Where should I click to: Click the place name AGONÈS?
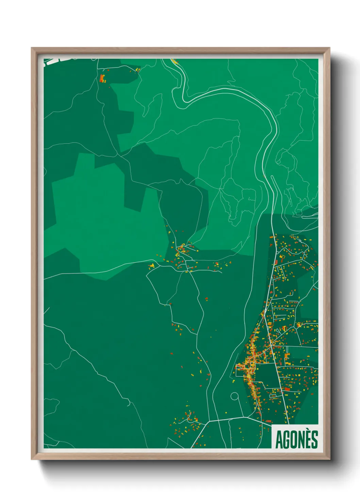tap(296, 440)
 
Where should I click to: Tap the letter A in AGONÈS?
tap(279, 440)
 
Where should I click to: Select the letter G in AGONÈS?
tap(287, 440)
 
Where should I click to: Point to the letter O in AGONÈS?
tap(294, 440)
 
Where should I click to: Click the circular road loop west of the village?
tap(234, 396)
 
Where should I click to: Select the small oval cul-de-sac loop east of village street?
tap(273, 396)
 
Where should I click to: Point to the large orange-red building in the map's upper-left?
tap(102, 79)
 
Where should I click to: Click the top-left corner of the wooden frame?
tap(32, 48)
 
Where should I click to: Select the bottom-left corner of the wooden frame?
tap(32, 459)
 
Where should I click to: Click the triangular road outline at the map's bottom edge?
tap(177, 443)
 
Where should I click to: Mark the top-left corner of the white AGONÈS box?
tap(272, 425)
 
